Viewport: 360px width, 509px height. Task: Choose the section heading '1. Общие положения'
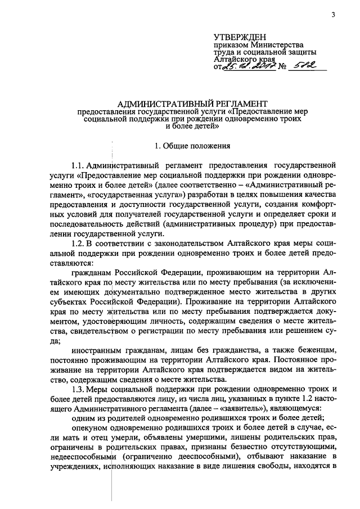(x=192, y=146)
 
